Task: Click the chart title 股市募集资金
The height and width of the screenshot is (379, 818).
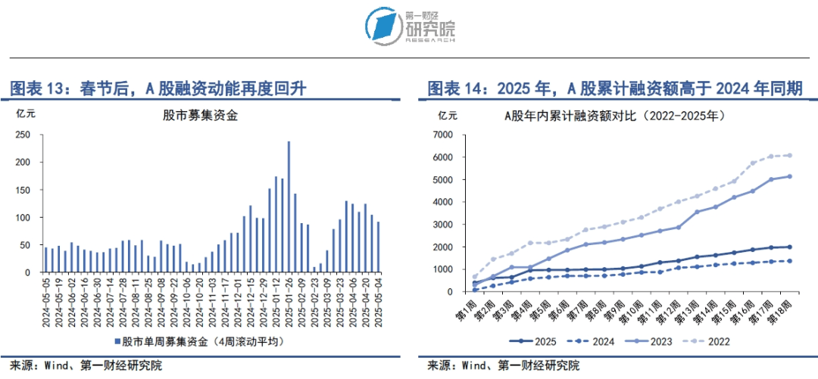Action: [x=200, y=116]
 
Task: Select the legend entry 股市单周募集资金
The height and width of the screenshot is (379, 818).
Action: [x=212, y=341]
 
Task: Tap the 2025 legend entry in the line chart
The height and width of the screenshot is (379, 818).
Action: [x=529, y=341]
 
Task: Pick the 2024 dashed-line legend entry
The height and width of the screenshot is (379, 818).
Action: [x=592, y=341]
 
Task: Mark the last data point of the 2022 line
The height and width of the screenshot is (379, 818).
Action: [x=790, y=155]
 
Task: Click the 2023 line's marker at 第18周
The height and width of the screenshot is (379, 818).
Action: [x=790, y=176]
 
